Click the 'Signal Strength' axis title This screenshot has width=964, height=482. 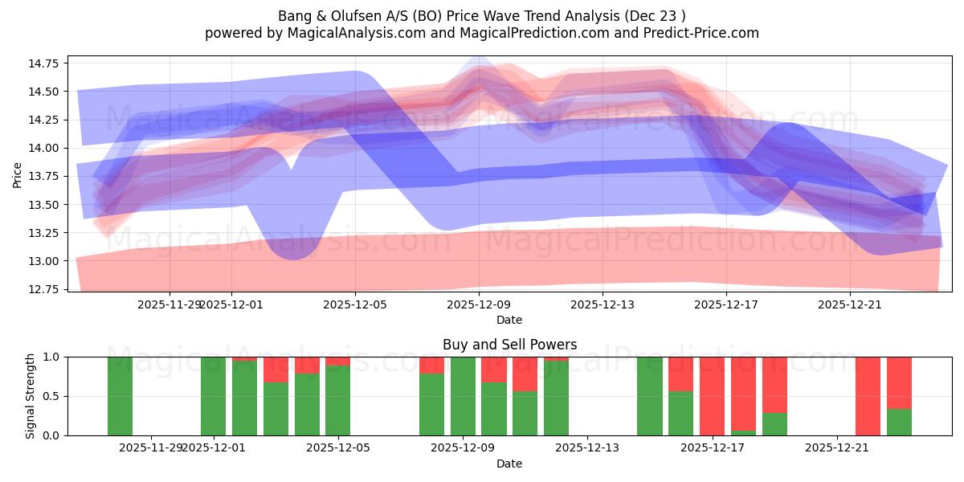[31, 396]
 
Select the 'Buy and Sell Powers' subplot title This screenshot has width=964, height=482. [509, 345]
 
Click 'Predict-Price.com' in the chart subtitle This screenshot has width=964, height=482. [698, 33]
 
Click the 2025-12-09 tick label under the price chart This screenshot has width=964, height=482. [479, 304]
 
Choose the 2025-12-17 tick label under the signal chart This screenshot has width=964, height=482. [713, 447]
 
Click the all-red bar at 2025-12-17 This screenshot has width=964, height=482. [713, 396]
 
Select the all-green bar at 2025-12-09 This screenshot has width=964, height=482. [464, 396]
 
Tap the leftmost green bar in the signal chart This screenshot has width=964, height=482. [120, 396]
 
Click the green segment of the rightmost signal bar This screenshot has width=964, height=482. [899, 423]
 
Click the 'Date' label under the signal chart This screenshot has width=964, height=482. [509, 464]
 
